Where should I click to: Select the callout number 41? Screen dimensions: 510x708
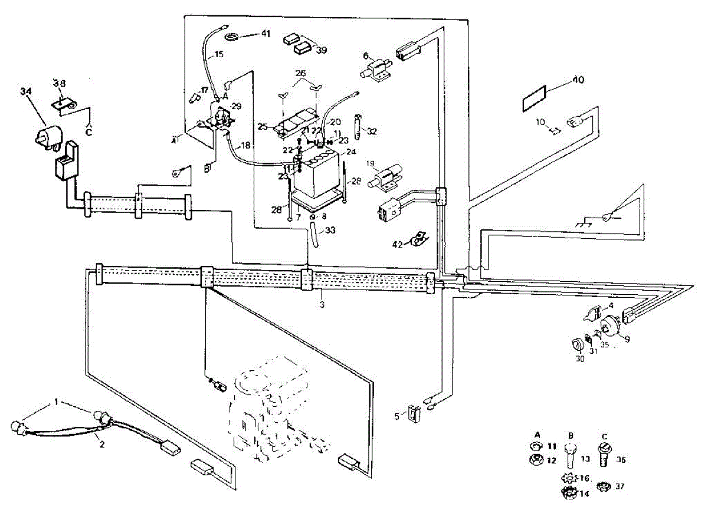265,34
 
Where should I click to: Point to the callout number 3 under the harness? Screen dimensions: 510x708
322,305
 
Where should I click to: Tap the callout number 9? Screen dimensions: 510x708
627,338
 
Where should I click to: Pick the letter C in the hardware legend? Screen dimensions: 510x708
603,436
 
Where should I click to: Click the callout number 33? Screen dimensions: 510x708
329,230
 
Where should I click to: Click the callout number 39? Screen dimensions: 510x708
322,50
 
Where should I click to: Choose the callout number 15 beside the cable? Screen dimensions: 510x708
218,54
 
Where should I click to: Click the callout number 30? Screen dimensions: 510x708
580,358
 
